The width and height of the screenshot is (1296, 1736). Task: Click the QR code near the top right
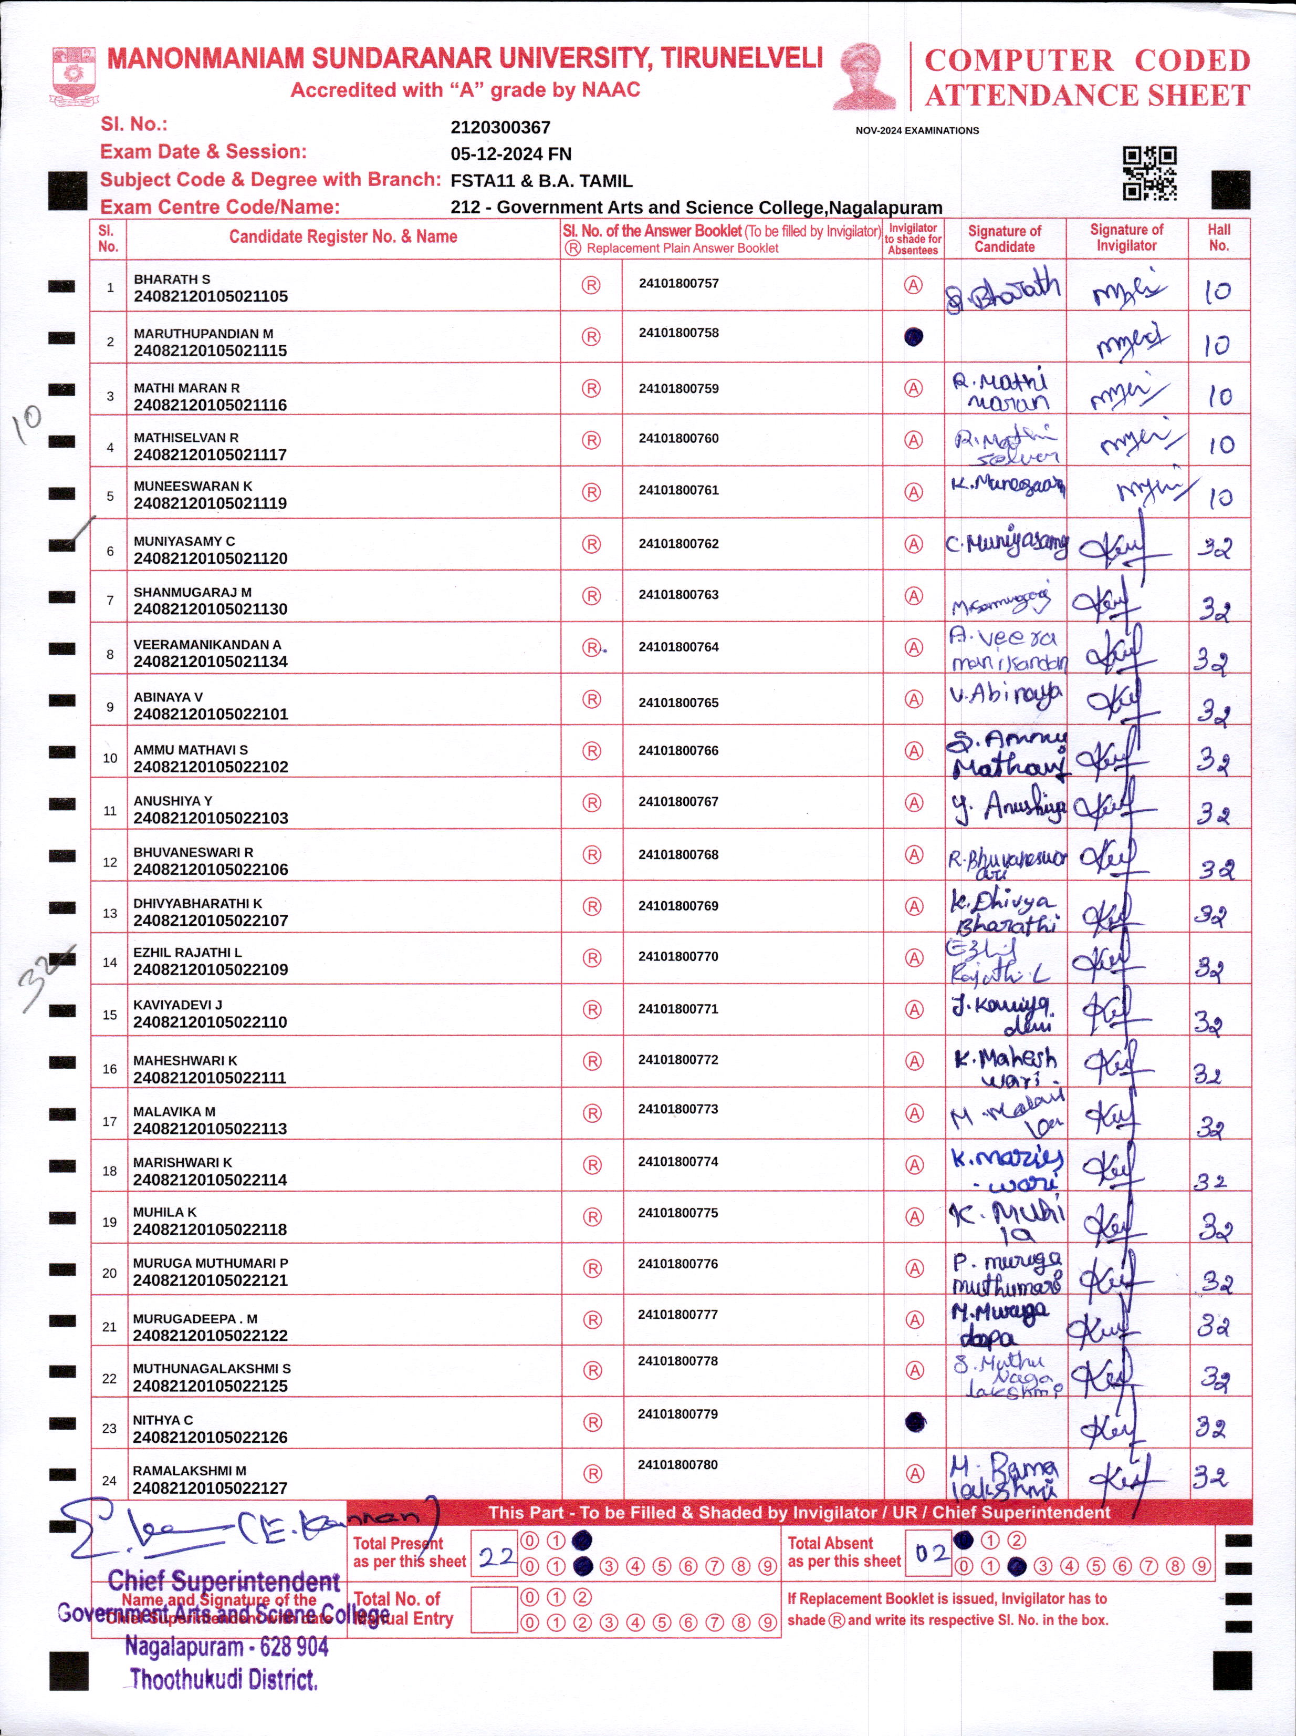[x=1149, y=173]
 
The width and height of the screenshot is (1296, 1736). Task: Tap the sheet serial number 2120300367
[x=500, y=127]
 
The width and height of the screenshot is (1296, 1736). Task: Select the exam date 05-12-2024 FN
[x=511, y=154]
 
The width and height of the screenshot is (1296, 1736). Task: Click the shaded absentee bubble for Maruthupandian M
[x=913, y=337]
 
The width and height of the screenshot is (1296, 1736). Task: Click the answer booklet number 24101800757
[x=678, y=283]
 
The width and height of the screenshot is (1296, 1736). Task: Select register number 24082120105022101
[x=210, y=714]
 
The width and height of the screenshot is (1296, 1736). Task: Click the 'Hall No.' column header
[x=1218, y=237]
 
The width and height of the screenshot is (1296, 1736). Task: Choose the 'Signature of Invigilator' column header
[x=1126, y=237]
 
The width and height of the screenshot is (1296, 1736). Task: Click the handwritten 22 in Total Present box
[x=496, y=1555]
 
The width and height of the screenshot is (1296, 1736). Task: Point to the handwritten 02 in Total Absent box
[x=931, y=1552]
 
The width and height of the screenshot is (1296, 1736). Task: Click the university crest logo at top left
[x=75, y=75]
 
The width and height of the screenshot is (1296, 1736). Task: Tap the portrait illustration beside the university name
[x=864, y=76]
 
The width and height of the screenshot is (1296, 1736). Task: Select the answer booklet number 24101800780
[x=678, y=1464]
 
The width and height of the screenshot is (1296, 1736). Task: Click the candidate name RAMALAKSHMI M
[x=189, y=1471]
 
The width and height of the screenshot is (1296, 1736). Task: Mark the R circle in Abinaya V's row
[x=591, y=699]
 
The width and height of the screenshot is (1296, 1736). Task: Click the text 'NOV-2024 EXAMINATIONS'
[x=916, y=130]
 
